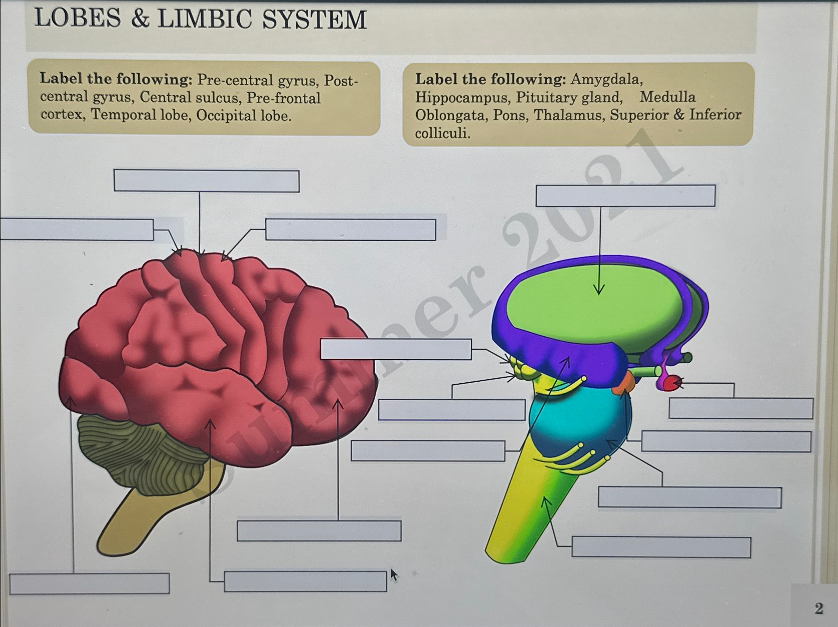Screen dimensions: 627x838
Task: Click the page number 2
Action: point(818,608)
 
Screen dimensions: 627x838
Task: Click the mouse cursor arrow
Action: point(394,574)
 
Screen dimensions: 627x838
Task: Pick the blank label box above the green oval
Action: point(625,196)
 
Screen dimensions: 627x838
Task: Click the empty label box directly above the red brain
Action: point(206,181)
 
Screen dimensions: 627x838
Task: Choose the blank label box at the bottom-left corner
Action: point(89,583)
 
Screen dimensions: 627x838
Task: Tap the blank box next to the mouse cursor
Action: point(305,581)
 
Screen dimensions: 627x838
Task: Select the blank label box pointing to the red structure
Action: point(740,409)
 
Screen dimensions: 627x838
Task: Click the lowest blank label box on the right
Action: point(660,547)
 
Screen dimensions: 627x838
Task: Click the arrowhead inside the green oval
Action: point(599,290)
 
